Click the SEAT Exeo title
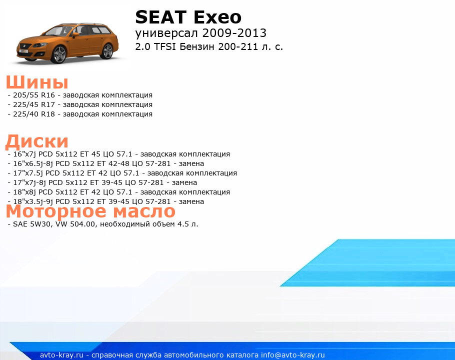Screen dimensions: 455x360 (x=188, y=17)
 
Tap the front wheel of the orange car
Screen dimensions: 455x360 (x=59, y=54)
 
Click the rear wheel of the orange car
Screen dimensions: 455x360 (x=107, y=51)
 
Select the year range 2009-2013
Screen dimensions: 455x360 (x=234, y=33)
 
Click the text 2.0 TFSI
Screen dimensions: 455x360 (x=155, y=46)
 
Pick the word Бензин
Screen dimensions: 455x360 (x=197, y=46)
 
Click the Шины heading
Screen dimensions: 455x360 (x=37, y=82)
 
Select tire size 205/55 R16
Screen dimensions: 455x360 (x=34, y=95)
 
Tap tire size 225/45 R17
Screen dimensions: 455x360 (x=34, y=104)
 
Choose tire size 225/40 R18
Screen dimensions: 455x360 (x=34, y=114)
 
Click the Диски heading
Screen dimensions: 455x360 (x=37, y=141)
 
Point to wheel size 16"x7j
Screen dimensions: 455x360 (x=24, y=154)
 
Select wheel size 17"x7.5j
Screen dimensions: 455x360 (x=28, y=173)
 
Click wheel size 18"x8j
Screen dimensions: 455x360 (x=24, y=192)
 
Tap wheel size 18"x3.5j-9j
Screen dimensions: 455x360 (x=33, y=201)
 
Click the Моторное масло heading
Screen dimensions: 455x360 (x=90, y=211)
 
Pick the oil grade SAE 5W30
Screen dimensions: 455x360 (x=31, y=224)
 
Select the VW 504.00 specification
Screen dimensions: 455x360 (x=75, y=224)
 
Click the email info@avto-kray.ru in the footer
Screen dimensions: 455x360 (x=293, y=355)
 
